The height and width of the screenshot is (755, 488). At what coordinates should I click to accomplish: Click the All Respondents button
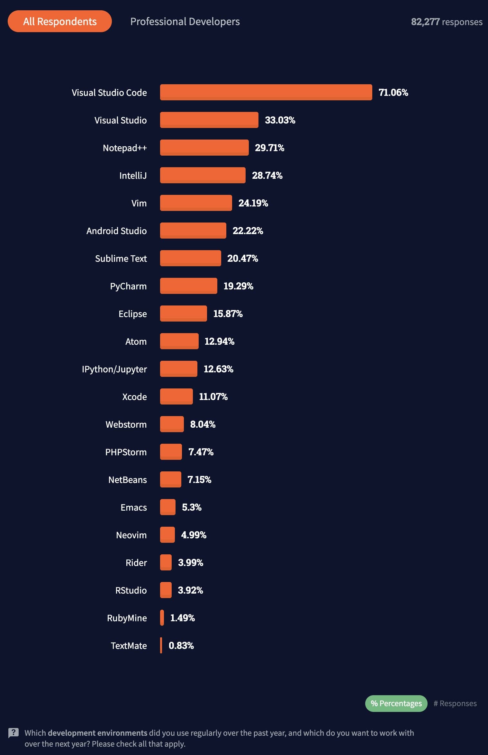[x=60, y=21]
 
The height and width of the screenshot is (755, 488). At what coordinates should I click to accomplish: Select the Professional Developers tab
[x=185, y=22]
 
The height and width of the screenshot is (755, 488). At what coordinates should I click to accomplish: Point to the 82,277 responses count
[x=447, y=22]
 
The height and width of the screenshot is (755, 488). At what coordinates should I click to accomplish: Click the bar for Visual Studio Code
[x=266, y=92]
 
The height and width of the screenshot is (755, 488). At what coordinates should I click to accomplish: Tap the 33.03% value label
[x=280, y=120]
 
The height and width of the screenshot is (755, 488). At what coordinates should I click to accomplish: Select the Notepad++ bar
[x=204, y=148]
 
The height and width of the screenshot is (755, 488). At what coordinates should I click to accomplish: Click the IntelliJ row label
[x=133, y=176]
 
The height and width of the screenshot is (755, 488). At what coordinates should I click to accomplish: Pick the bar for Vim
[x=196, y=203]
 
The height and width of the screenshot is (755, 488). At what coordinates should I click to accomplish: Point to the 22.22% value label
[x=248, y=231]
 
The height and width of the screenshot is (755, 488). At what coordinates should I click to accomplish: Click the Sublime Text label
[x=121, y=259]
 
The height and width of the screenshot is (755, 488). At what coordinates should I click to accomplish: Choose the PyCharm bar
[x=188, y=286]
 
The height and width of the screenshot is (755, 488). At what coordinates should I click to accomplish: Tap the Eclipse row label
[x=132, y=314]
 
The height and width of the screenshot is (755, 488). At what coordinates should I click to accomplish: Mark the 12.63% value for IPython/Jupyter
[x=218, y=369]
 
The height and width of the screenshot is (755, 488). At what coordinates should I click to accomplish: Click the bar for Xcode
[x=176, y=396]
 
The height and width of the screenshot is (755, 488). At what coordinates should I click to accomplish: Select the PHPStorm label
[x=126, y=452]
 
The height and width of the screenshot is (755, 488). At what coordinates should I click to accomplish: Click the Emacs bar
[x=167, y=507]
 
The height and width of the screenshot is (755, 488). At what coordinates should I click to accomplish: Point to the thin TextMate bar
[x=161, y=645]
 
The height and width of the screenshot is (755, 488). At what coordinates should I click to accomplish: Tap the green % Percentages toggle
[x=396, y=703]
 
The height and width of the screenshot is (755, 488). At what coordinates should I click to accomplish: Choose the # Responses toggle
[x=455, y=703]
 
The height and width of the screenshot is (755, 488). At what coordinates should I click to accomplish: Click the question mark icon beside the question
[x=14, y=733]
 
